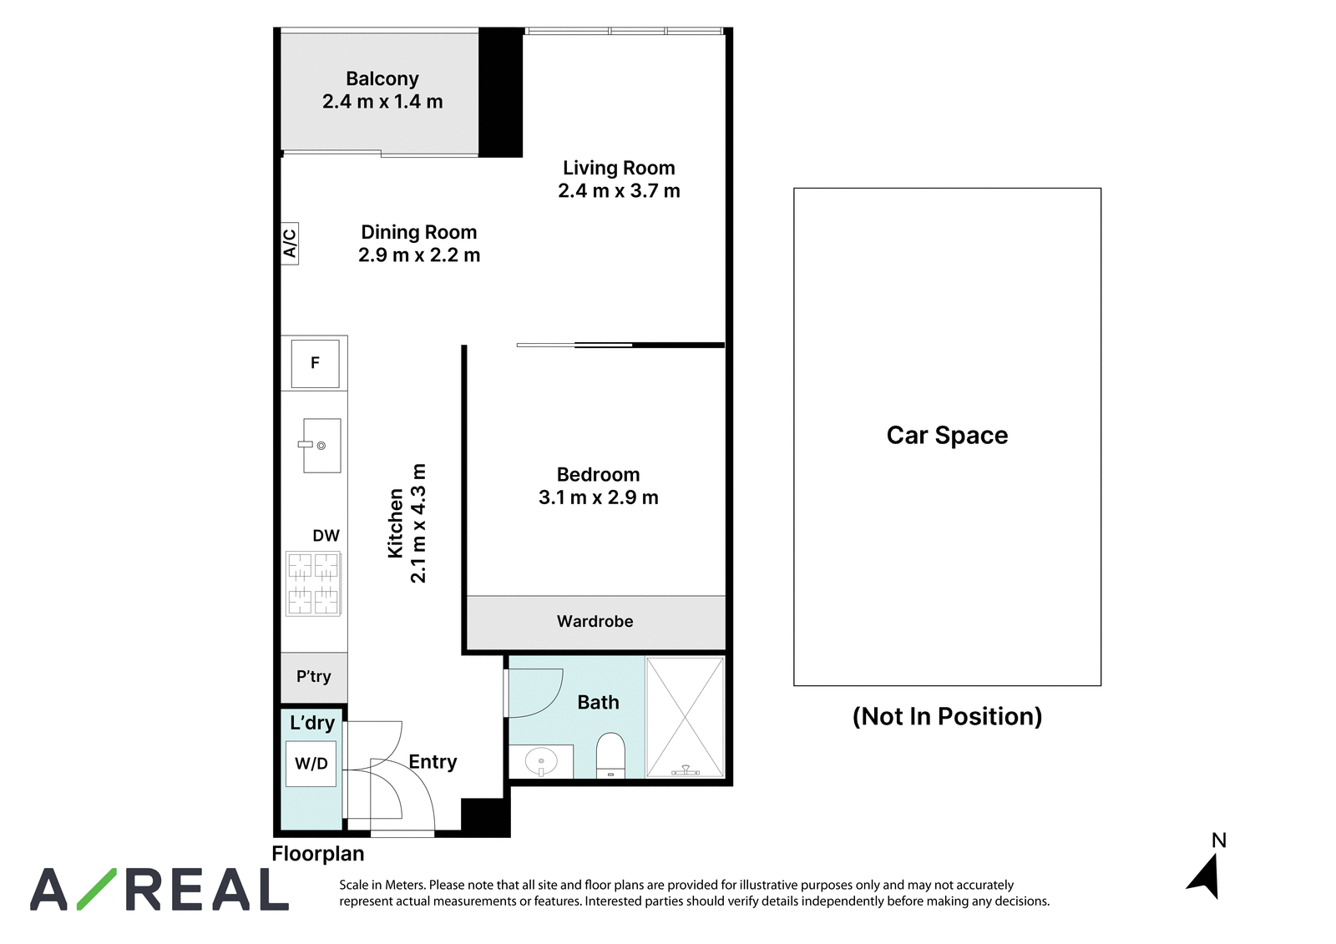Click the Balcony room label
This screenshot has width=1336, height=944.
pyautogui.click(x=382, y=78)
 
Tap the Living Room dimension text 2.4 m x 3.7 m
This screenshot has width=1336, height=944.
pyautogui.click(x=619, y=191)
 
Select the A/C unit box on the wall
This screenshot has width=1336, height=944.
pyautogui.click(x=289, y=244)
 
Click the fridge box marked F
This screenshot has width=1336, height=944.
pyautogui.click(x=315, y=363)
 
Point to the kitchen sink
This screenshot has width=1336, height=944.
pyautogui.click(x=321, y=446)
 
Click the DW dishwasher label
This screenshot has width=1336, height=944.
pyautogui.click(x=326, y=536)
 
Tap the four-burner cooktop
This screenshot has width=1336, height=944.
pyautogui.click(x=313, y=583)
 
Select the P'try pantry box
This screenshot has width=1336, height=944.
pyautogui.click(x=314, y=677)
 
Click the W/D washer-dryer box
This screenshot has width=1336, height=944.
pyautogui.click(x=311, y=764)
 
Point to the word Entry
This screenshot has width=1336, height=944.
pyautogui.click(x=433, y=762)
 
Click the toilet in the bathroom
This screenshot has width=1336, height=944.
pyautogui.click(x=610, y=755)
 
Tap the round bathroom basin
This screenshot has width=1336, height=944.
pyautogui.click(x=541, y=761)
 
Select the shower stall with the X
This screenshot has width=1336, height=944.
pyautogui.click(x=686, y=718)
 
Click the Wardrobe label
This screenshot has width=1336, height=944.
pyautogui.click(x=595, y=621)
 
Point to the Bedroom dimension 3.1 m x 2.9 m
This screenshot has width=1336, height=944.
pyautogui.click(x=598, y=497)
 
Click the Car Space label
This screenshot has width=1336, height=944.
pyautogui.click(x=947, y=436)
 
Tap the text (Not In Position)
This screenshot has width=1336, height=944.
pyautogui.click(x=947, y=716)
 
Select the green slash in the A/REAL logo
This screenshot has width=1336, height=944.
pyautogui.click(x=97, y=889)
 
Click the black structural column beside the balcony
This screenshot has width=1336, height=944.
pyautogui.click(x=500, y=93)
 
